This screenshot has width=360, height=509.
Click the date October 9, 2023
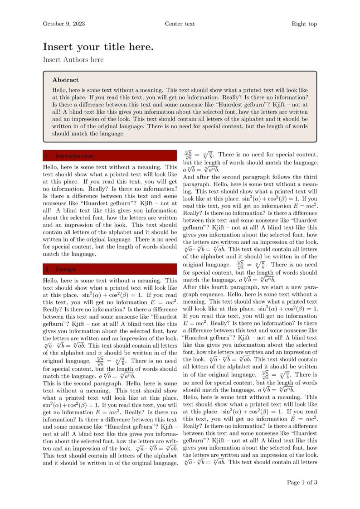point(64,24)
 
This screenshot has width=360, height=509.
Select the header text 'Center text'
point(180,24)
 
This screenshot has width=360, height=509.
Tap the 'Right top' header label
point(304,24)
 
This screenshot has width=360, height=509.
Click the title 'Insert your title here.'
point(98,47)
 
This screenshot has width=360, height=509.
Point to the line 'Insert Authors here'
point(73,59)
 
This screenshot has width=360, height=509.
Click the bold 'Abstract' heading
point(65,80)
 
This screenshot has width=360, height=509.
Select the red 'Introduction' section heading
point(74,156)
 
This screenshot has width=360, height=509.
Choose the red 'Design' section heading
point(66,269)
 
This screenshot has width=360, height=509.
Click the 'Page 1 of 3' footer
point(302,482)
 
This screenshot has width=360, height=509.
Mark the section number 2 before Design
point(47,269)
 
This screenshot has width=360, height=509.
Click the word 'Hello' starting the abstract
point(60,91)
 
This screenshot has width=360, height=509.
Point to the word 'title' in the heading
point(116,47)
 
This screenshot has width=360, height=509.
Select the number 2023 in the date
point(77,24)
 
